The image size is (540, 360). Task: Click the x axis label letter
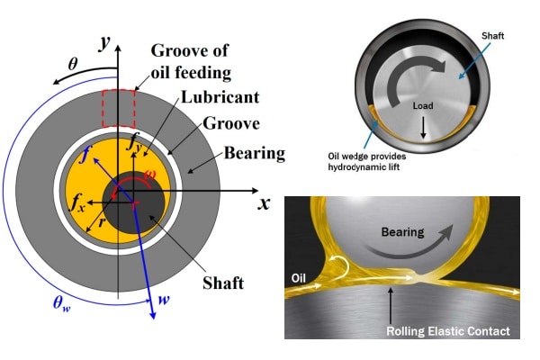click(x=264, y=202)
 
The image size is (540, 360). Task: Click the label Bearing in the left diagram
click(x=255, y=153)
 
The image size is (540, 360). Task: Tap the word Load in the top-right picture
click(x=424, y=106)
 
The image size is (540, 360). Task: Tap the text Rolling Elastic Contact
click(x=448, y=332)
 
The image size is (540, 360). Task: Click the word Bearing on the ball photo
click(x=401, y=231)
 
